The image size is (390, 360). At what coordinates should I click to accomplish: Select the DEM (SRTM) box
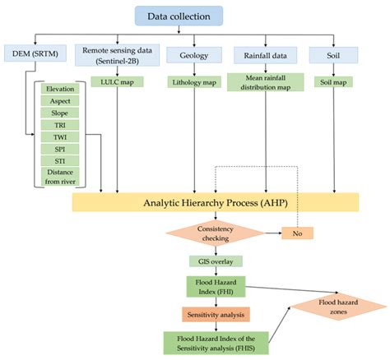35,54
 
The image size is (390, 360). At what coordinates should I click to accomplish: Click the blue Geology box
193,54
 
